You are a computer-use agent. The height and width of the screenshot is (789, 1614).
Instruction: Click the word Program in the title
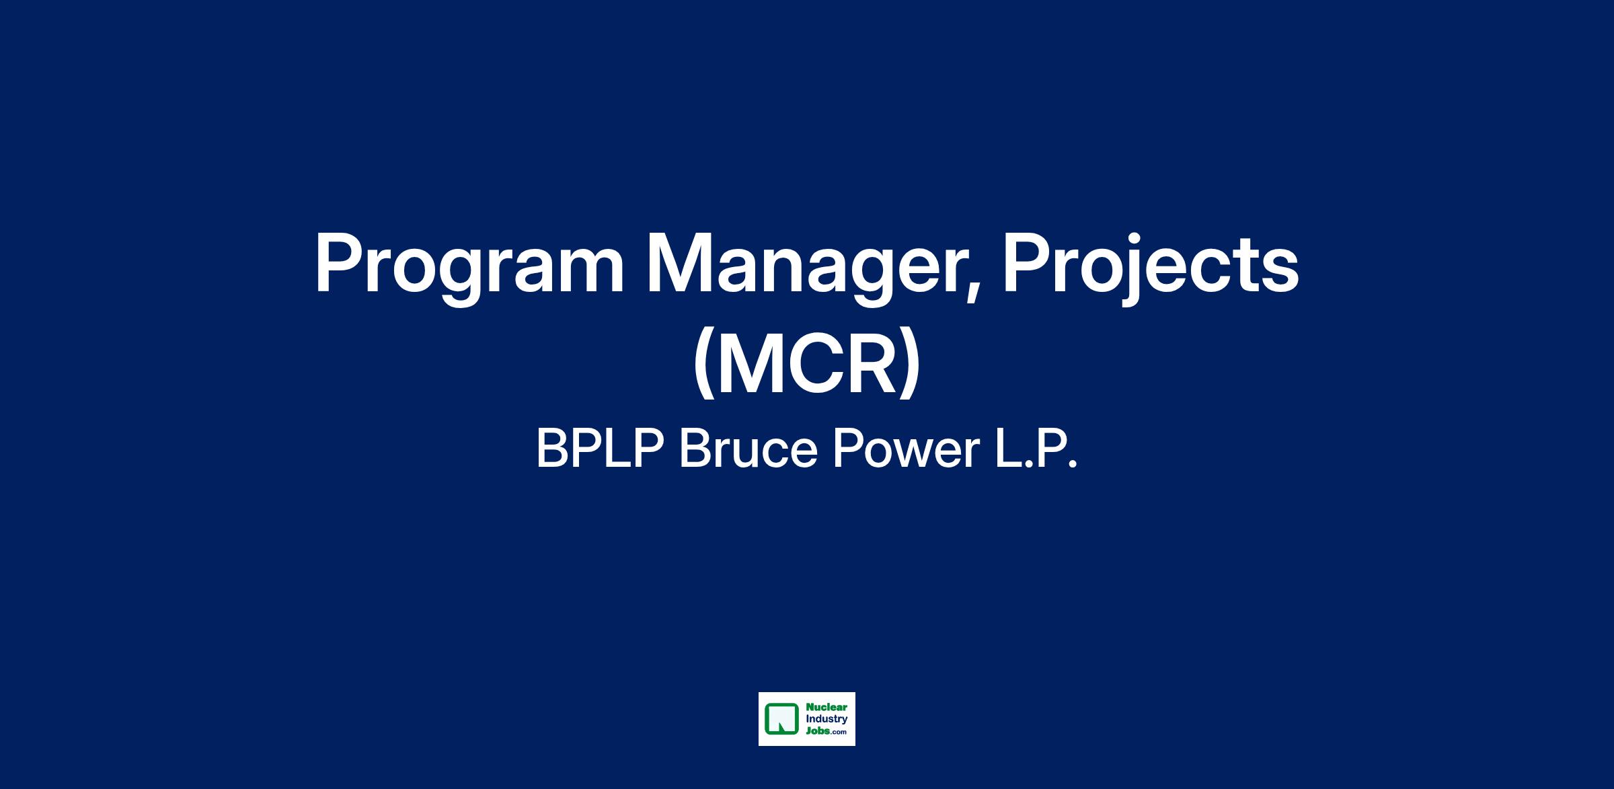point(469,268)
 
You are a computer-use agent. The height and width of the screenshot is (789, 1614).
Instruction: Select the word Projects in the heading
point(1151,268)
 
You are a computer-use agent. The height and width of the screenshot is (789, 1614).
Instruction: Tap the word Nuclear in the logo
point(826,708)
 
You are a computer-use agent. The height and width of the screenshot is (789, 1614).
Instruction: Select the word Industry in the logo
point(827,719)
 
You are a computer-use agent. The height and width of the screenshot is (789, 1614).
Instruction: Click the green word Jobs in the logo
point(817,731)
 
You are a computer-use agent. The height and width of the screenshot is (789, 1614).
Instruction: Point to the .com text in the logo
point(838,732)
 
